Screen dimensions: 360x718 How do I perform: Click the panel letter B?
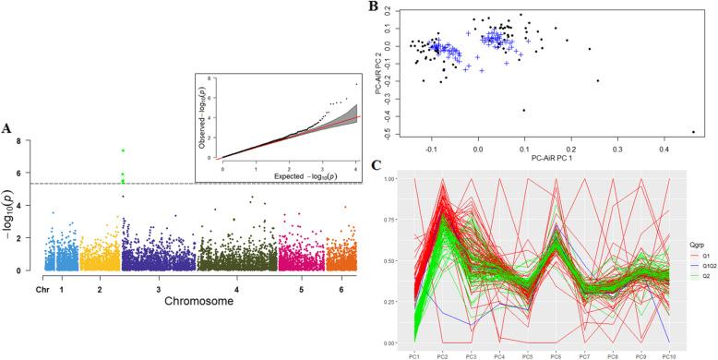pyautogui.click(x=372, y=7)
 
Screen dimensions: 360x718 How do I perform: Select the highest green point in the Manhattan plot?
pyautogui.click(x=123, y=150)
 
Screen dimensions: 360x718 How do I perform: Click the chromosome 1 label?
pyautogui.click(x=62, y=288)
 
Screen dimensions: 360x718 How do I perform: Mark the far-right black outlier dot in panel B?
pyautogui.click(x=693, y=132)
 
